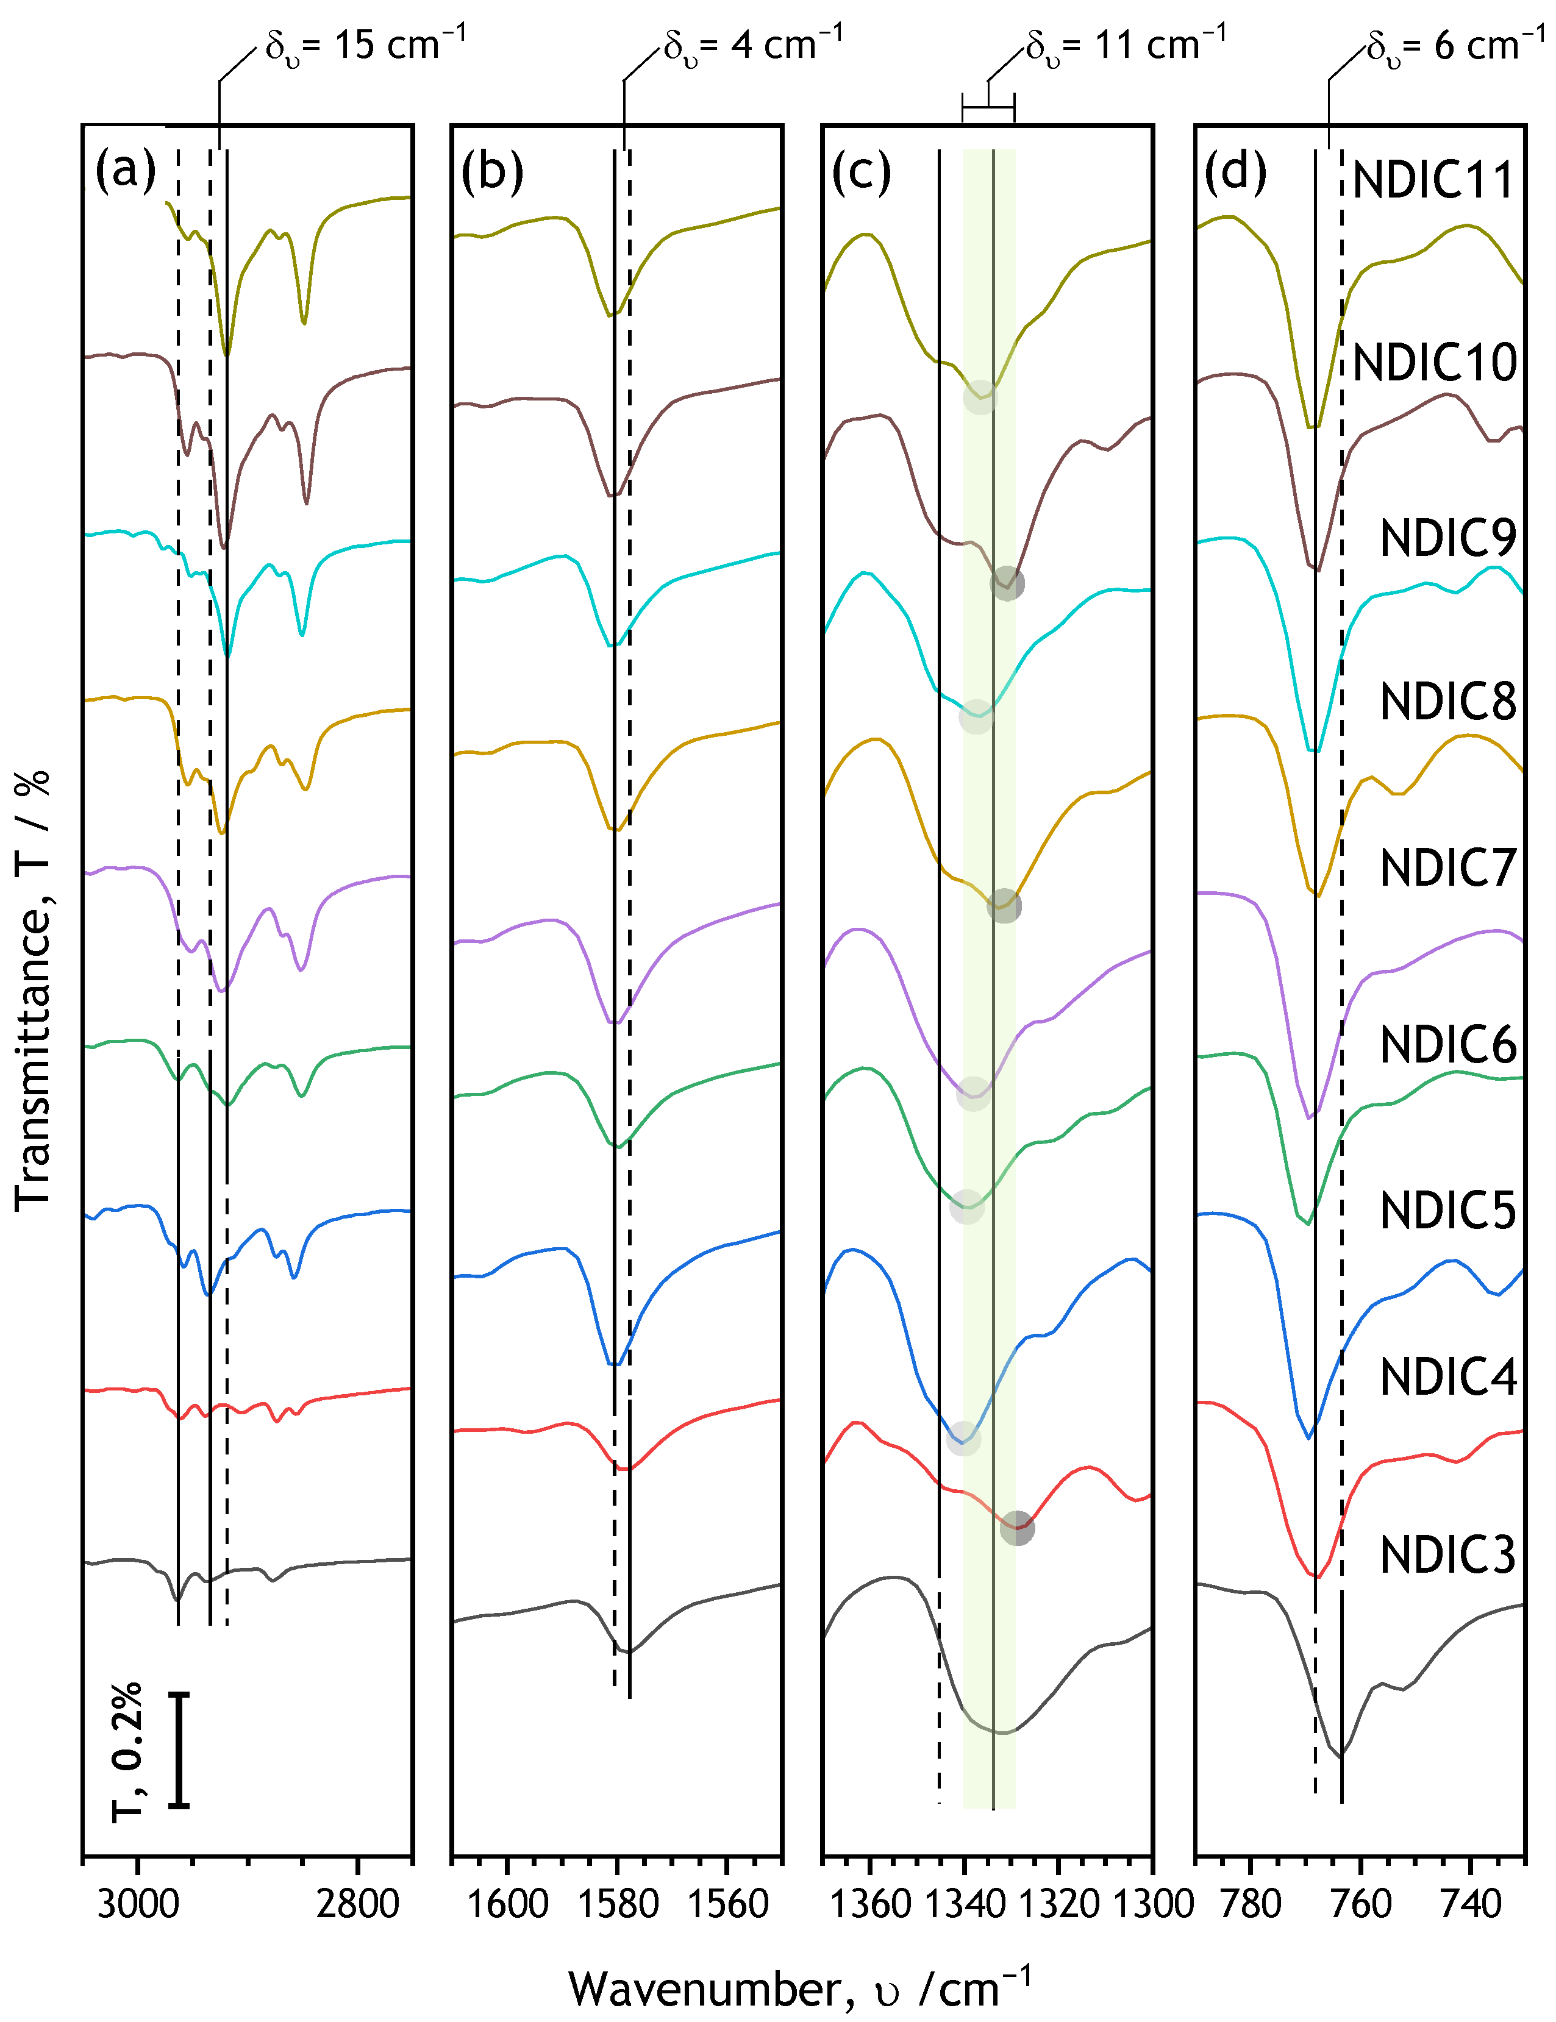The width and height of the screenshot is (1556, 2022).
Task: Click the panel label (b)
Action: [x=492, y=172]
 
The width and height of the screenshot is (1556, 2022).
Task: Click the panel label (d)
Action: [x=1235, y=172]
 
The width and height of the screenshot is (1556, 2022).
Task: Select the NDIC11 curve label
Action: [x=1433, y=180]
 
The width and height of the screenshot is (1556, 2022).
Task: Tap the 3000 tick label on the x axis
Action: [x=137, y=1904]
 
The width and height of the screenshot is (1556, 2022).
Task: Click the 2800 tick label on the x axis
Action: [x=357, y=1904]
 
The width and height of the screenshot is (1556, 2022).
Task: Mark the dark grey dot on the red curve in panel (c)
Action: [x=1017, y=1528]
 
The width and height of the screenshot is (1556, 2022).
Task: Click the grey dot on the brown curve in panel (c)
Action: [x=1007, y=584]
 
